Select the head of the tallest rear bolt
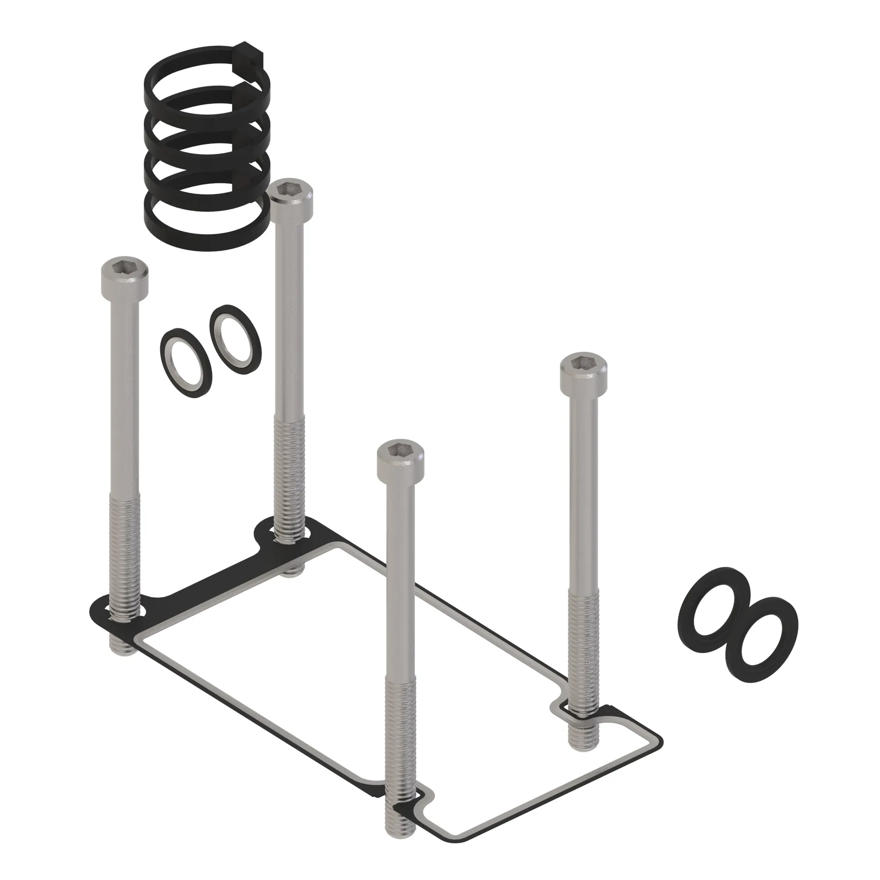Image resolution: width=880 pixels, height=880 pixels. coord(292,196)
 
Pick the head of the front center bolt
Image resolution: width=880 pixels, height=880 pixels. coord(400,460)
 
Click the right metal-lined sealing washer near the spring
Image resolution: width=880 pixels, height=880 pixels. coord(235,339)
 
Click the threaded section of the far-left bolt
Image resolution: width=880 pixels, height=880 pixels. coord(125,556)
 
